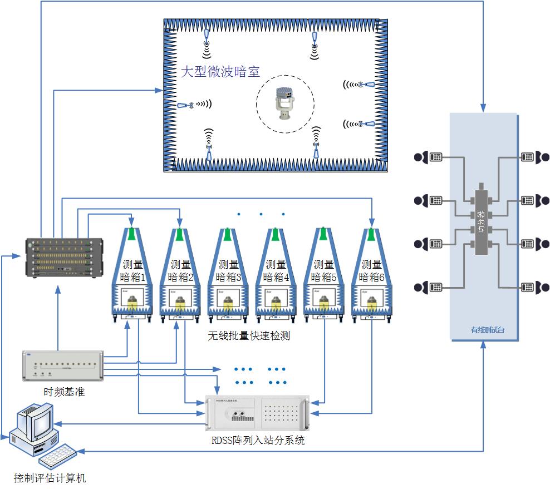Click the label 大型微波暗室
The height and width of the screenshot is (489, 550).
pos(220,72)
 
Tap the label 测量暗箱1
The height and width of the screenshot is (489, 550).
pos(132,270)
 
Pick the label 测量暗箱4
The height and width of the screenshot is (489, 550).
pos(276,270)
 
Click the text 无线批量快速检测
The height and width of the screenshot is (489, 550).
pos(249,335)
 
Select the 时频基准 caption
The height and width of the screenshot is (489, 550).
pos(64,392)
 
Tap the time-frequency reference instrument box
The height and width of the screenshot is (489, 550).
pos(63,366)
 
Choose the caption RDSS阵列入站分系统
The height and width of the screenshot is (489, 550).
pos(258,441)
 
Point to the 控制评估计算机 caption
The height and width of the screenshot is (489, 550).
pos(50,477)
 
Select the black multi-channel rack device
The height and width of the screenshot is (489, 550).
pos(65,258)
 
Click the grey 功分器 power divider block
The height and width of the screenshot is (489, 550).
pos(482,222)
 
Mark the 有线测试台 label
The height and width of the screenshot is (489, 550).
pos(483,330)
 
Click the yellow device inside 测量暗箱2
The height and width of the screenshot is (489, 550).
pos(180,303)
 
